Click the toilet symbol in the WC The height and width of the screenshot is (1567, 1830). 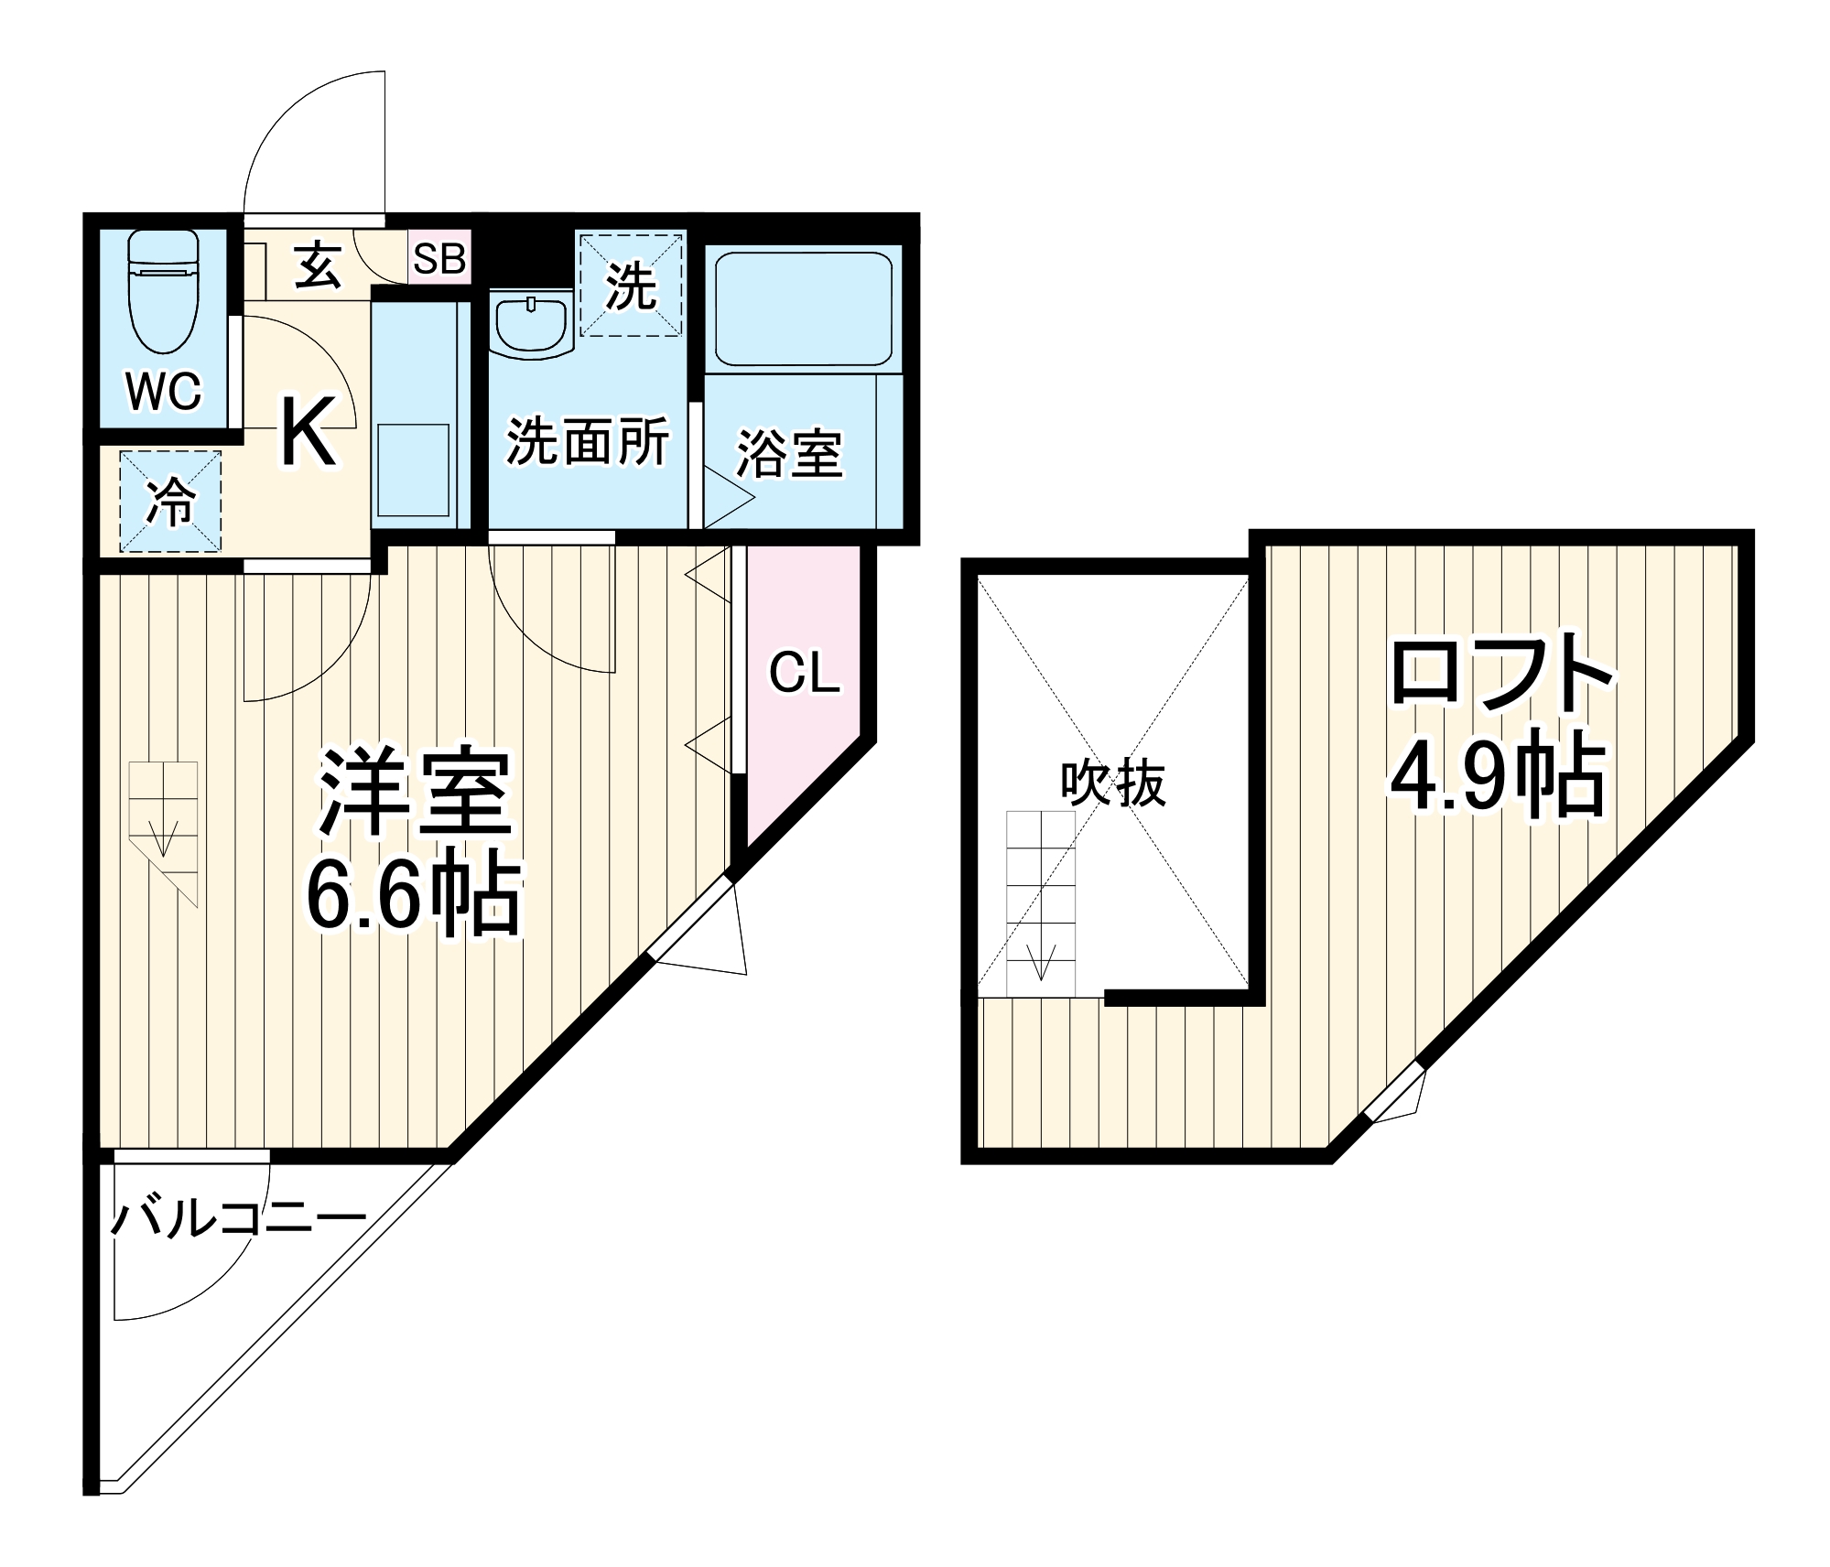pyautogui.click(x=164, y=291)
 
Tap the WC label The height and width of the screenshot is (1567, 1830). pyautogui.click(x=164, y=392)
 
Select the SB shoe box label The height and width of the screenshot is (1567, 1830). pyautogui.click(x=439, y=259)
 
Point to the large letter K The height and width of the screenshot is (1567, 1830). pyautogui.click(x=308, y=432)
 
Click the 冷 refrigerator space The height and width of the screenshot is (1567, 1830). pyautogui.click(x=171, y=501)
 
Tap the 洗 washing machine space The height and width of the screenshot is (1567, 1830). pyautogui.click(x=631, y=286)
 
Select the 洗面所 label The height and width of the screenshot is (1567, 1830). pyautogui.click(x=588, y=441)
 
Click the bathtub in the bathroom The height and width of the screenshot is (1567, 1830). pyautogui.click(x=803, y=308)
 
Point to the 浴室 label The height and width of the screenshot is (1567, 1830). pyautogui.click(x=789, y=453)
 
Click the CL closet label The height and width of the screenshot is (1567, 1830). pyautogui.click(x=804, y=673)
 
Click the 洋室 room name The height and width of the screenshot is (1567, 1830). pyautogui.click(x=415, y=793)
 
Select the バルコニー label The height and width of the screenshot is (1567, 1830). pyautogui.click(x=239, y=1219)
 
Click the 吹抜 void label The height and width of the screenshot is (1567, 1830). pyautogui.click(x=1113, y=783)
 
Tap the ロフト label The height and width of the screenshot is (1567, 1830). pyautogui.click(x=1501, y=674)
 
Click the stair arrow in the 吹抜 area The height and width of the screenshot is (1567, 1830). pyautogui.click(x=1041, y=961)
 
